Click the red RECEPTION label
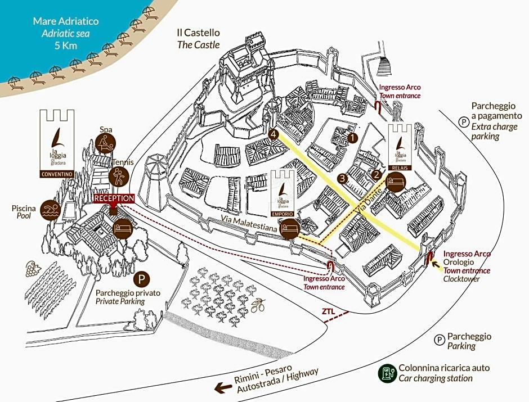[114, 198]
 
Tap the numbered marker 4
[274, 134]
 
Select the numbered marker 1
[353, 136]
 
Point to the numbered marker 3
[342, 179]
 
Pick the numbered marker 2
[376, 174]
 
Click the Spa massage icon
[106, 143]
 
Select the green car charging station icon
[387, 372]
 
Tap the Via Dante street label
[369, 201]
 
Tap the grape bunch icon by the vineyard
[30, 269]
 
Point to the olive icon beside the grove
[258, 306]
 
